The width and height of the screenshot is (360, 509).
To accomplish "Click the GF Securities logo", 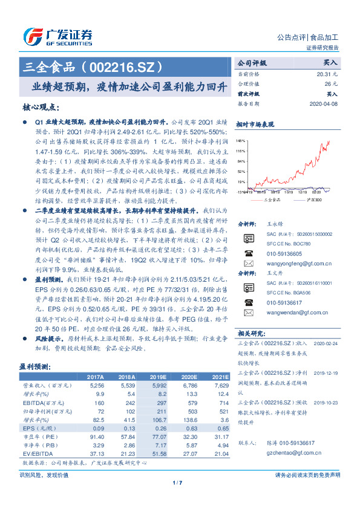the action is click(57, 36).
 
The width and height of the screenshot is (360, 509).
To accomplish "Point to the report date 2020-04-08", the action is click(324, 103).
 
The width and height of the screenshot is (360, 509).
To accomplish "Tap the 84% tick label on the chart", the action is click(241, 161).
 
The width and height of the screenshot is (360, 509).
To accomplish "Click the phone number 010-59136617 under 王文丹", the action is click(284, 303).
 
